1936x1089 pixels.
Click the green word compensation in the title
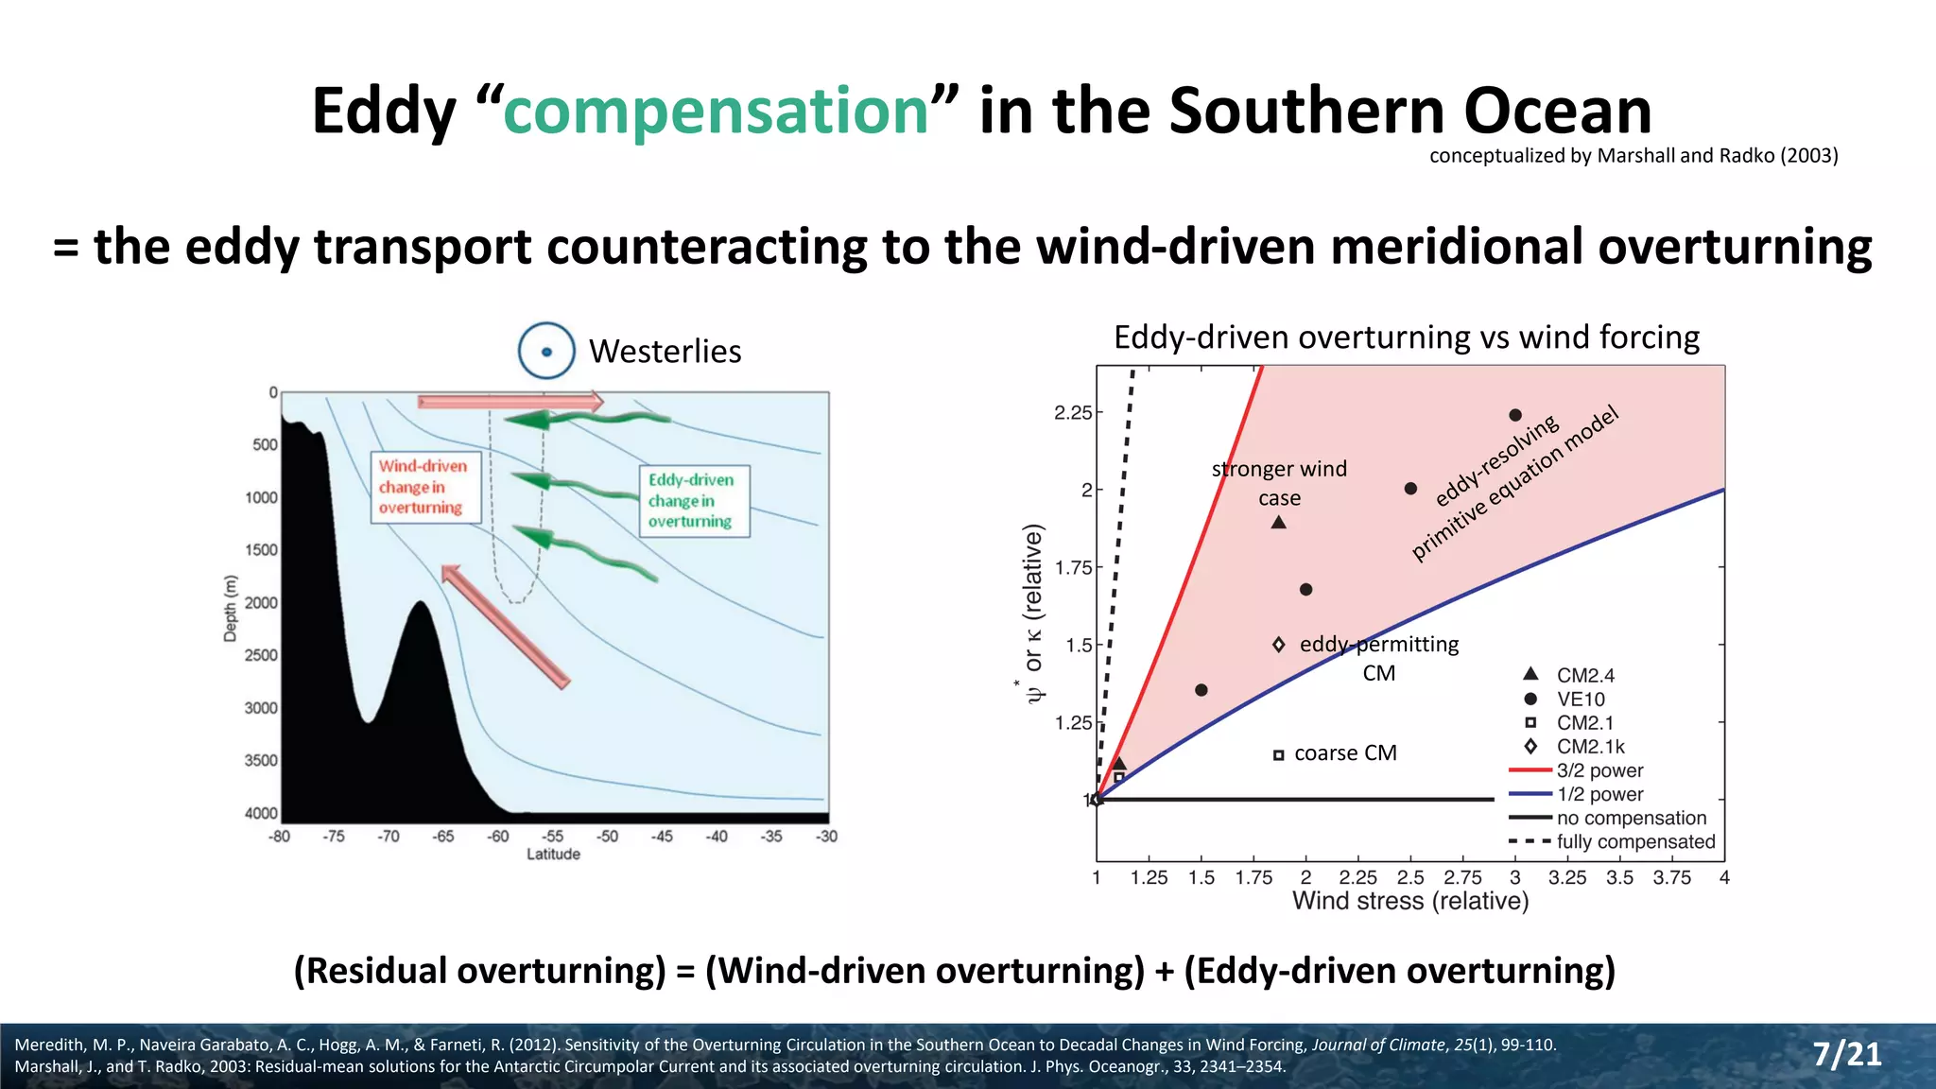717,112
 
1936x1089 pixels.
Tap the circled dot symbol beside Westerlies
546,351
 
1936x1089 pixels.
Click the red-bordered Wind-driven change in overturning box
423,487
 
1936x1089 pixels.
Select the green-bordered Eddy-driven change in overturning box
693,501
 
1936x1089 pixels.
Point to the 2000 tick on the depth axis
261,603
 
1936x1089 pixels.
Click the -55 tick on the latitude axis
553,837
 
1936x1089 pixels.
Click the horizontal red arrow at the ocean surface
510,403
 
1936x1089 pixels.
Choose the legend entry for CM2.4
1585,675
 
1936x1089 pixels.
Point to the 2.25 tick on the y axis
1074,413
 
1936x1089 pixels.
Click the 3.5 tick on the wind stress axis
1619,877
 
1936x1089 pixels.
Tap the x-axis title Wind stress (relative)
1410,901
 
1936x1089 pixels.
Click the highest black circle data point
1515,415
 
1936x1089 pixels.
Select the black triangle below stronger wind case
1278,523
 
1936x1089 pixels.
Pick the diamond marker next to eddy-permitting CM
1278,645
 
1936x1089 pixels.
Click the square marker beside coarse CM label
1278,754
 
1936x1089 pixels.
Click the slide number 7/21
1846,1054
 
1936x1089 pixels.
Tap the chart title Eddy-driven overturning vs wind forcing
1406,337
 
